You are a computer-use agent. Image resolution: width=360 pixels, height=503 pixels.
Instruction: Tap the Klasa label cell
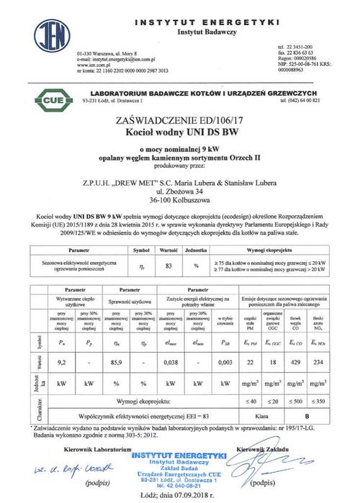pyautogui.click(x=264, y=415)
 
